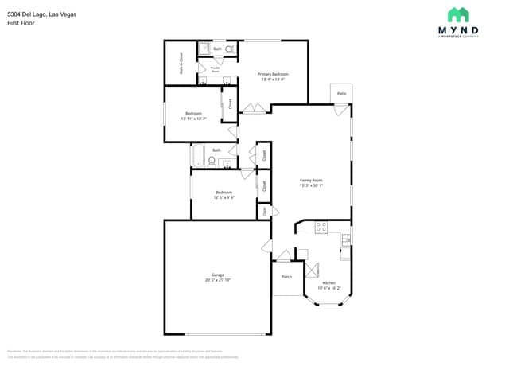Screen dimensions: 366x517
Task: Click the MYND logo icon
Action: [458, 14]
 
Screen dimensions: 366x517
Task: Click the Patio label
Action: [341, 94]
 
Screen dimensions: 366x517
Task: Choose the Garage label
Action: [217, 274]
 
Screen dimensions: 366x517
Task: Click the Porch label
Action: [287, 277]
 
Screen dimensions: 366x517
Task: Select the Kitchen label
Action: [328, 282]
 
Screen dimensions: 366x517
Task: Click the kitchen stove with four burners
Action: [321, 228]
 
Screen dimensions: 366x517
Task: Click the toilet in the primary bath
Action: [230, 49]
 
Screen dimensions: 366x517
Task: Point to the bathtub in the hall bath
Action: [198, 156]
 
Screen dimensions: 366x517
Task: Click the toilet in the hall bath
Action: [212, 162]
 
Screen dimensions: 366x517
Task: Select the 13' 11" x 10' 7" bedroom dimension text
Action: [194, 119]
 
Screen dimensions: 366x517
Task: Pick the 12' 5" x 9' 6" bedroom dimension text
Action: [224, 197]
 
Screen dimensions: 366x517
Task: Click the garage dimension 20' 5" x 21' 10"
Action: [217, 280]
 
